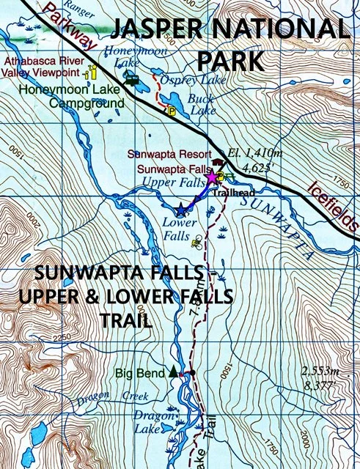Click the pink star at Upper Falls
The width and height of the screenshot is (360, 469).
(213, 177)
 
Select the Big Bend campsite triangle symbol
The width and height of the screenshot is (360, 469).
(173, 372)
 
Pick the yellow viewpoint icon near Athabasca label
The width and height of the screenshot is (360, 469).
(92, 72)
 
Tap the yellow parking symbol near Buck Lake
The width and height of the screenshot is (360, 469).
(171, 111)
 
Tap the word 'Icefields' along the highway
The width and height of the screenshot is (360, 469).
(331, 208)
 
